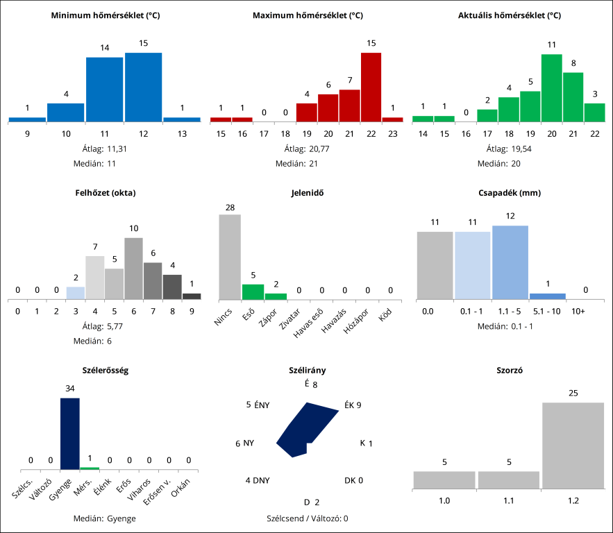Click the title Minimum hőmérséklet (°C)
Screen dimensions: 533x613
point(106,15)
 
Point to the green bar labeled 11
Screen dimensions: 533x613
point(551,87)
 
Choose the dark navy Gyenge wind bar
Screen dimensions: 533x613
point(70,434)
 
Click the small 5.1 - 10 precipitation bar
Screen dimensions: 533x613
point(548,296)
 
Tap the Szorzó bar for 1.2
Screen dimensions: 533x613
point(573,445)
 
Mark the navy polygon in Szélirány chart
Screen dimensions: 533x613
point(305,430)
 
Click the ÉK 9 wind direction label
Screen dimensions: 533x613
point(353,405)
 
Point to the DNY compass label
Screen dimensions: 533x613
point(258,480)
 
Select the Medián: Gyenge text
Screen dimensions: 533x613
point(105,518)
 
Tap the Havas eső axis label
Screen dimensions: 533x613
point(308,324)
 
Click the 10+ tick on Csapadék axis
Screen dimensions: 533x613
point(578,312)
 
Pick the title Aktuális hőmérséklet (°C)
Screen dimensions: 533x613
point(510,15)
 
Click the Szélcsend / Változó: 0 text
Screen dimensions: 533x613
point(307,518)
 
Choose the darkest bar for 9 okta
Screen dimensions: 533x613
point(192,296)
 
